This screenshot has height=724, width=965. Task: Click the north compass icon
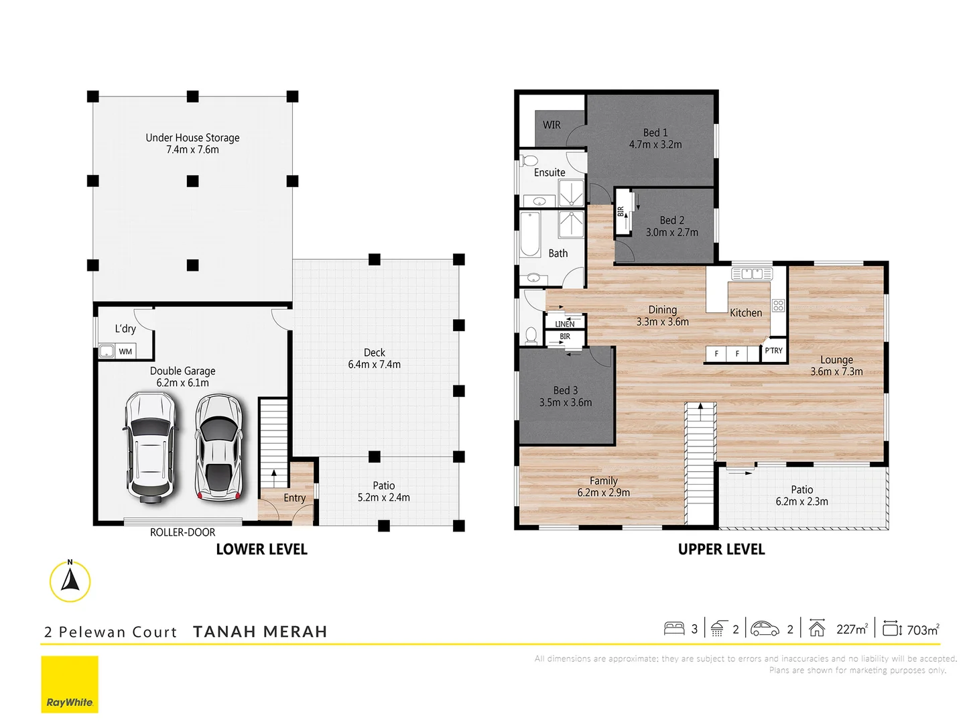pos(70,581)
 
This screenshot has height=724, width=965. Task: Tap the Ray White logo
pos(70,684)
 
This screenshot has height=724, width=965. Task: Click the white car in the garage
pos(151,446)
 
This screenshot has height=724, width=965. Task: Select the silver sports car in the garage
pos(218,447)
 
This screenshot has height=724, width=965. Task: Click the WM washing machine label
pos(125,351)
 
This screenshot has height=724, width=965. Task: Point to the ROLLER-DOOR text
pos(182,532)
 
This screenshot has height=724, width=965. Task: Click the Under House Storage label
pos(192,137)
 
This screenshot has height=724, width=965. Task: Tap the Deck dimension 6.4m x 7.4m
pos(374,365)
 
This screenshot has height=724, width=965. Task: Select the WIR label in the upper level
pos(552,125)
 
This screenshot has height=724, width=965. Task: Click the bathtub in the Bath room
pos(530,234)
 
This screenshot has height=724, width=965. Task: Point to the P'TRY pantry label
pos(773,351)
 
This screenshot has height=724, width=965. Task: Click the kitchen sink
pos(752,274)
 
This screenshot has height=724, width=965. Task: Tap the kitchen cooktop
pos(778,306)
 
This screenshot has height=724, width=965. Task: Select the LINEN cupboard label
pos(564,324)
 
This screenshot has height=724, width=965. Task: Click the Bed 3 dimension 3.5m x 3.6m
pos(566,403)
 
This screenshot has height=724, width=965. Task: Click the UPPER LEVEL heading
pos(721,550)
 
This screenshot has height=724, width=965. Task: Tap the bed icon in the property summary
pos(673,629)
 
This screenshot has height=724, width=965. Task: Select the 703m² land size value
pos(922,629)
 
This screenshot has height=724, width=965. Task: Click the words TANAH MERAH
pos(260,631)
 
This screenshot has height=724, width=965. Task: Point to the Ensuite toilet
pos(529,160)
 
